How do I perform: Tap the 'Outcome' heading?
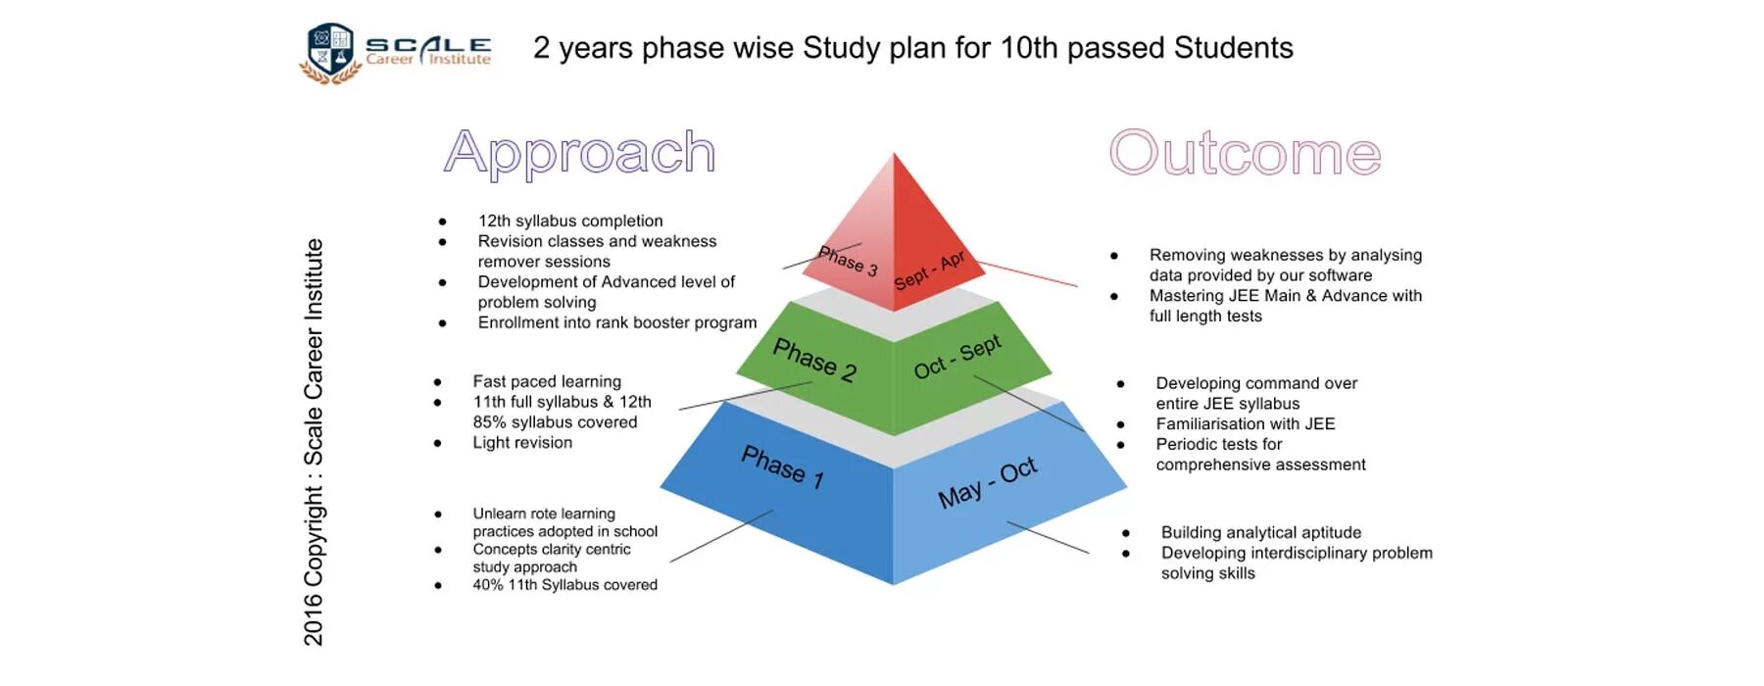(1245, 153)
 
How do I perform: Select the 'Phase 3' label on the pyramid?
(848, 261)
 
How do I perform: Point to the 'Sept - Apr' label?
(929, 270)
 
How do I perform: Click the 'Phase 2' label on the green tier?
(814, 359)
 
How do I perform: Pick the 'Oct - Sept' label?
(957, 356)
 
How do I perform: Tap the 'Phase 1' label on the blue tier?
(782, 466)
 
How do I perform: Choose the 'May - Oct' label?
(987, 482)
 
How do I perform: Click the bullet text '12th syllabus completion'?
(570, 221)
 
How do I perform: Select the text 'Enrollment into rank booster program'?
(617, 322)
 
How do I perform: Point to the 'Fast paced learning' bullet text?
(547, 381)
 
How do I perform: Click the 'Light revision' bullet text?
(522, 443)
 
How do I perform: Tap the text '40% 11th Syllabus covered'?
(564, 585)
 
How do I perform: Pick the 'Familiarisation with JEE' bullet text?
(1245, 424)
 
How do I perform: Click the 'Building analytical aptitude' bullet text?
(1261, 532)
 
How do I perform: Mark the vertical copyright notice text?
(314, 441)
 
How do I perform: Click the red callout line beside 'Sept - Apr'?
(1029, 273)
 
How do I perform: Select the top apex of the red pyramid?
(894, 155)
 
